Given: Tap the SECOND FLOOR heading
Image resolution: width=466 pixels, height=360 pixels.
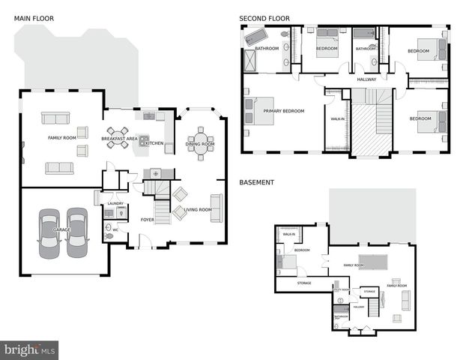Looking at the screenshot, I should [x=264, y=18].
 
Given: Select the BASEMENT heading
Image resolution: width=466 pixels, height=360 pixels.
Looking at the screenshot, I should [x=257, y=182].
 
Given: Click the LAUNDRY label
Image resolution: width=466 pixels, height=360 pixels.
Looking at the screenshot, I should [x=115, y=203].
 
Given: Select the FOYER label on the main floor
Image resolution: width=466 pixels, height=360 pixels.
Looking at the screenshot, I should [x=148, y=220].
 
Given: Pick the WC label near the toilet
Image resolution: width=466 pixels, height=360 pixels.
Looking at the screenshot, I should [x=115, y=230].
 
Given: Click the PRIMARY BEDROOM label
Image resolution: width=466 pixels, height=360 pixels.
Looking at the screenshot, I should [x=284, y=111].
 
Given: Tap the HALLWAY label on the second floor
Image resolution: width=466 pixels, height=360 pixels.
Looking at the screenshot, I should [x=366, y=79].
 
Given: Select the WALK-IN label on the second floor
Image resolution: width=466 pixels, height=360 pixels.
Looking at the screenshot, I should [x=337, y=118].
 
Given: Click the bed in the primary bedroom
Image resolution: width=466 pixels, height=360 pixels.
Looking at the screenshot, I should [x=249, y=111].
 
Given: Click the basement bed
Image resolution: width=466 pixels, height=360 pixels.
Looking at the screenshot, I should [x=285, y=262].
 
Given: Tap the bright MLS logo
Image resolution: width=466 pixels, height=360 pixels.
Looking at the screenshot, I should [x=30, y=349].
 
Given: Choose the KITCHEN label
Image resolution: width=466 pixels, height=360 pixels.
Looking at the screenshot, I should [x=154, y=143].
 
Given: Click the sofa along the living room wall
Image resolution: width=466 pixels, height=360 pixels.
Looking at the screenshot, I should [x=216, y=213].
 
